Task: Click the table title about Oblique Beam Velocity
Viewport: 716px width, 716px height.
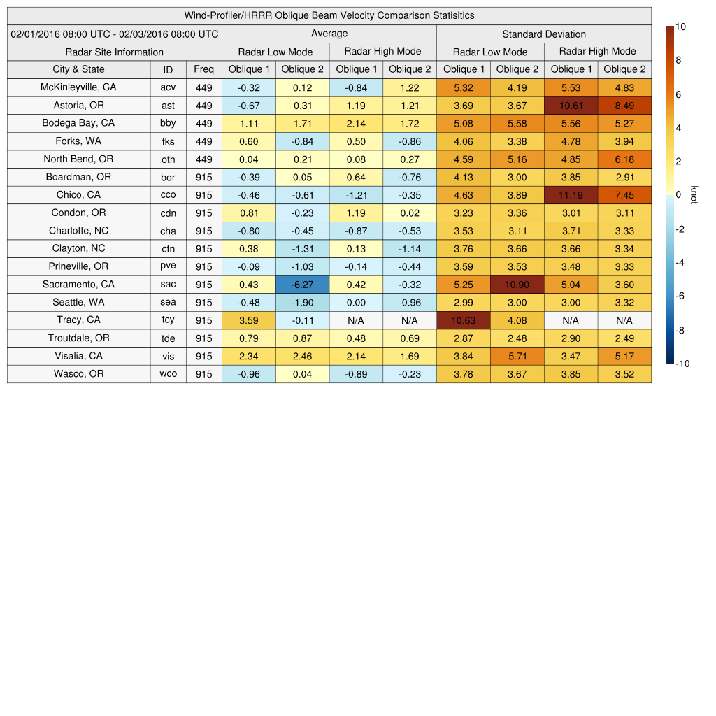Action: (329, 15)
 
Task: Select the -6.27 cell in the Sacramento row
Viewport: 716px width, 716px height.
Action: (302, 285)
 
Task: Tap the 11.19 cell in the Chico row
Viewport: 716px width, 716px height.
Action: (571, 195)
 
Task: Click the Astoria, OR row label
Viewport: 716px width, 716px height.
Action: (78, 106)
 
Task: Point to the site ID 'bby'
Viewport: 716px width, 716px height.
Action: (168, 123)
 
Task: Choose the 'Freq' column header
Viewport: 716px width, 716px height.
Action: (203, 69)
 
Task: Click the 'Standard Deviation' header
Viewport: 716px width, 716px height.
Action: (544, 34)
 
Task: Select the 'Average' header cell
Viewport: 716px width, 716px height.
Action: (329, 34)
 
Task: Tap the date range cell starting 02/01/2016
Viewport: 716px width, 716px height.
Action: (115, 34)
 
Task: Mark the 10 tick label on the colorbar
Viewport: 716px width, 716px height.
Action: (680, 27)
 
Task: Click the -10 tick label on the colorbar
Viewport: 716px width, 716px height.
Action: (682, 364)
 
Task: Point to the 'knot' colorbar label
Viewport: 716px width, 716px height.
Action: (694, 194)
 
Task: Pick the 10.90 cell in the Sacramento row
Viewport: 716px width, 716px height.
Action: (517, 285)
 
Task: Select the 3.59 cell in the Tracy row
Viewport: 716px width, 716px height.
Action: (248, 320)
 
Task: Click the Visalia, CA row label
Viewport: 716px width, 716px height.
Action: (78, 356)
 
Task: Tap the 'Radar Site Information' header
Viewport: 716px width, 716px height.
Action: (114, 52)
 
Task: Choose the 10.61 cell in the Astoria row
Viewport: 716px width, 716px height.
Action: (571, 106)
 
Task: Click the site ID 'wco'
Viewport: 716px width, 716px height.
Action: (168, 374)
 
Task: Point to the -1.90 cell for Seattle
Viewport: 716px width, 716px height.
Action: (302, 303)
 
